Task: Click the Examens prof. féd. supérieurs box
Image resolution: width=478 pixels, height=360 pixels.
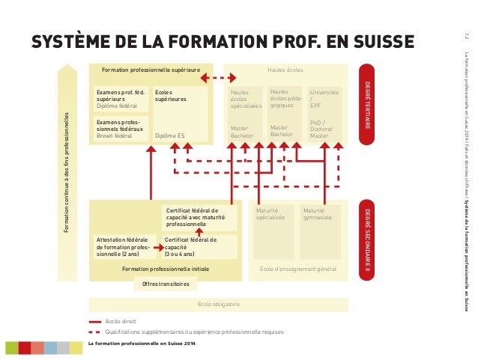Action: point(121,100)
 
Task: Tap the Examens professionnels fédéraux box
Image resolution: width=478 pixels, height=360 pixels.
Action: point(121,129)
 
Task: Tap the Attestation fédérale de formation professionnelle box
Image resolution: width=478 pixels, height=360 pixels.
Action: point(122,246)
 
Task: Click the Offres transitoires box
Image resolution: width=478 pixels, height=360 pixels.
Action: point(166,284)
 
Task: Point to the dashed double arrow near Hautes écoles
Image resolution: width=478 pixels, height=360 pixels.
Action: point(219,77)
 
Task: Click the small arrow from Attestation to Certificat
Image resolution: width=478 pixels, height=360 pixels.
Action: point(157,246)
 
